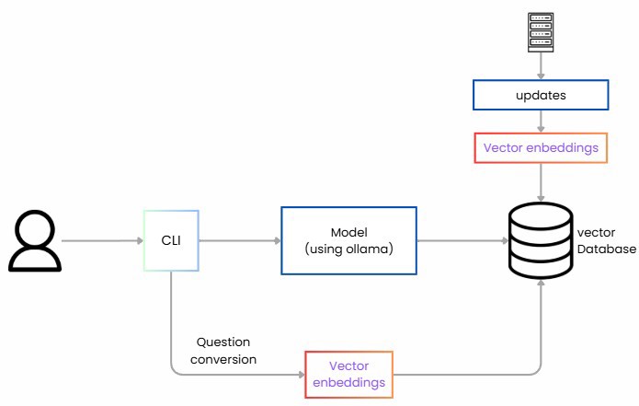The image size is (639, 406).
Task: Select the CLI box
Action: (172, 241)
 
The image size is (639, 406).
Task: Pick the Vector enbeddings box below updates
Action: (540, 148)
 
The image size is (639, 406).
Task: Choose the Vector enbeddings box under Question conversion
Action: (348, 375)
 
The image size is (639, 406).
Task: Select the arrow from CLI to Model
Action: (239, 241)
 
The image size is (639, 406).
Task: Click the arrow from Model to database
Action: (460, 241)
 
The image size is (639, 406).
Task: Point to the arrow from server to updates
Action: (540, 69)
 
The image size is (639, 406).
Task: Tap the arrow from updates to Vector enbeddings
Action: (540, 122)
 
